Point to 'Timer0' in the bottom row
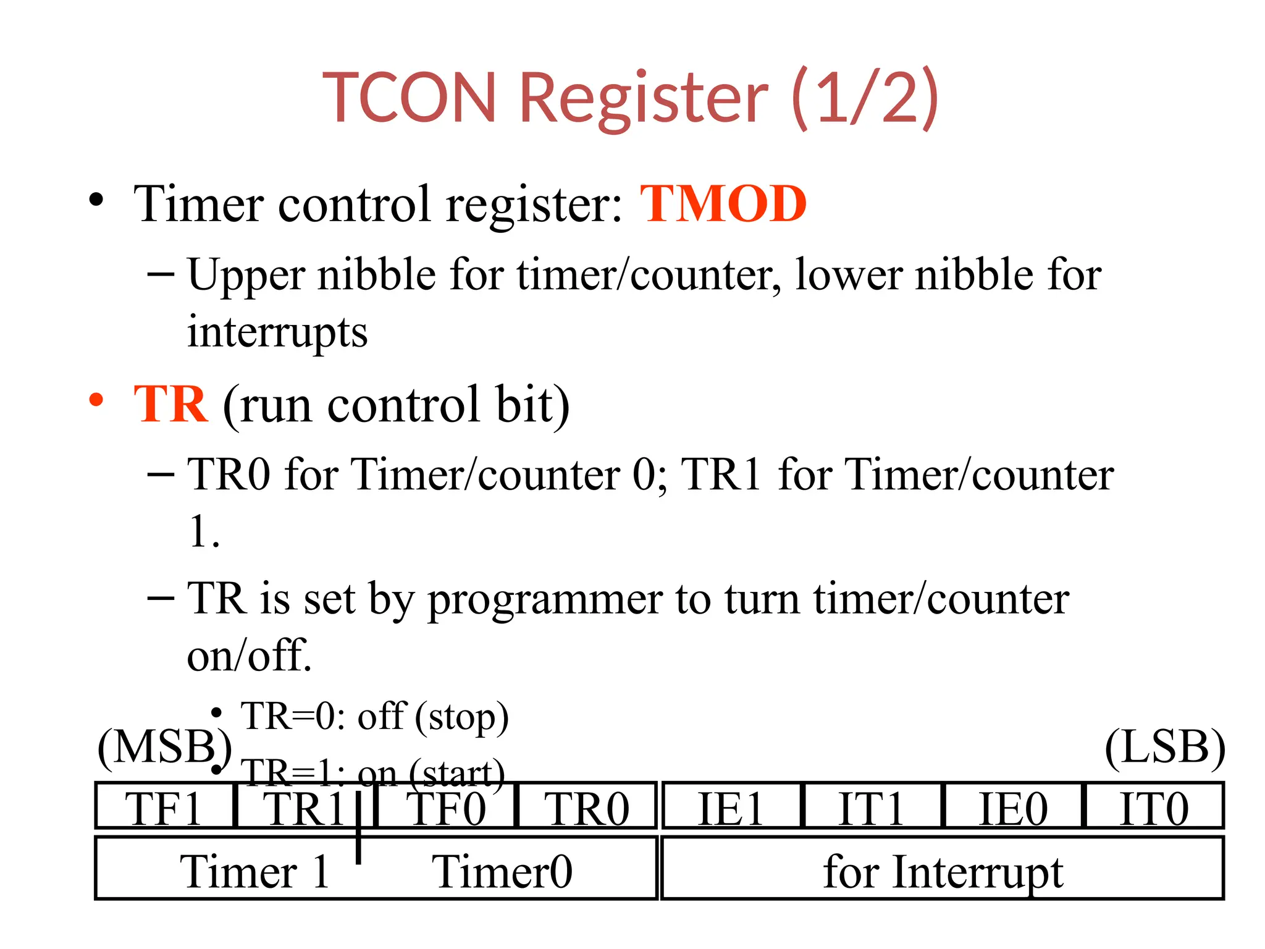point(502,871)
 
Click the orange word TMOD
point(723,204)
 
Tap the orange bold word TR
point(171,404)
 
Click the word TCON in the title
point(410,98)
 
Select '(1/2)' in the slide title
point(865,98)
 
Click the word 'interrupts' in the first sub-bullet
point(277,332)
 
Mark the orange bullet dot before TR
point(96,400)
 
